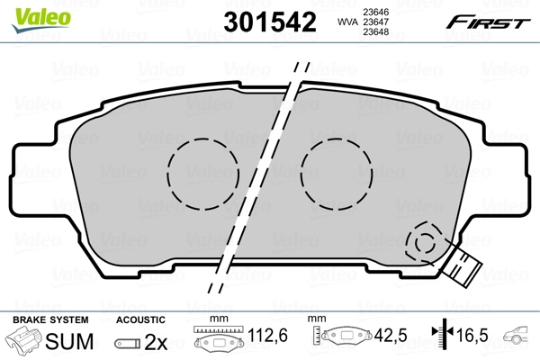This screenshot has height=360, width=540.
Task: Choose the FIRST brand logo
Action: [493, 22]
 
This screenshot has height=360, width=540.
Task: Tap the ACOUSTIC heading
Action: [140, 319]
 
